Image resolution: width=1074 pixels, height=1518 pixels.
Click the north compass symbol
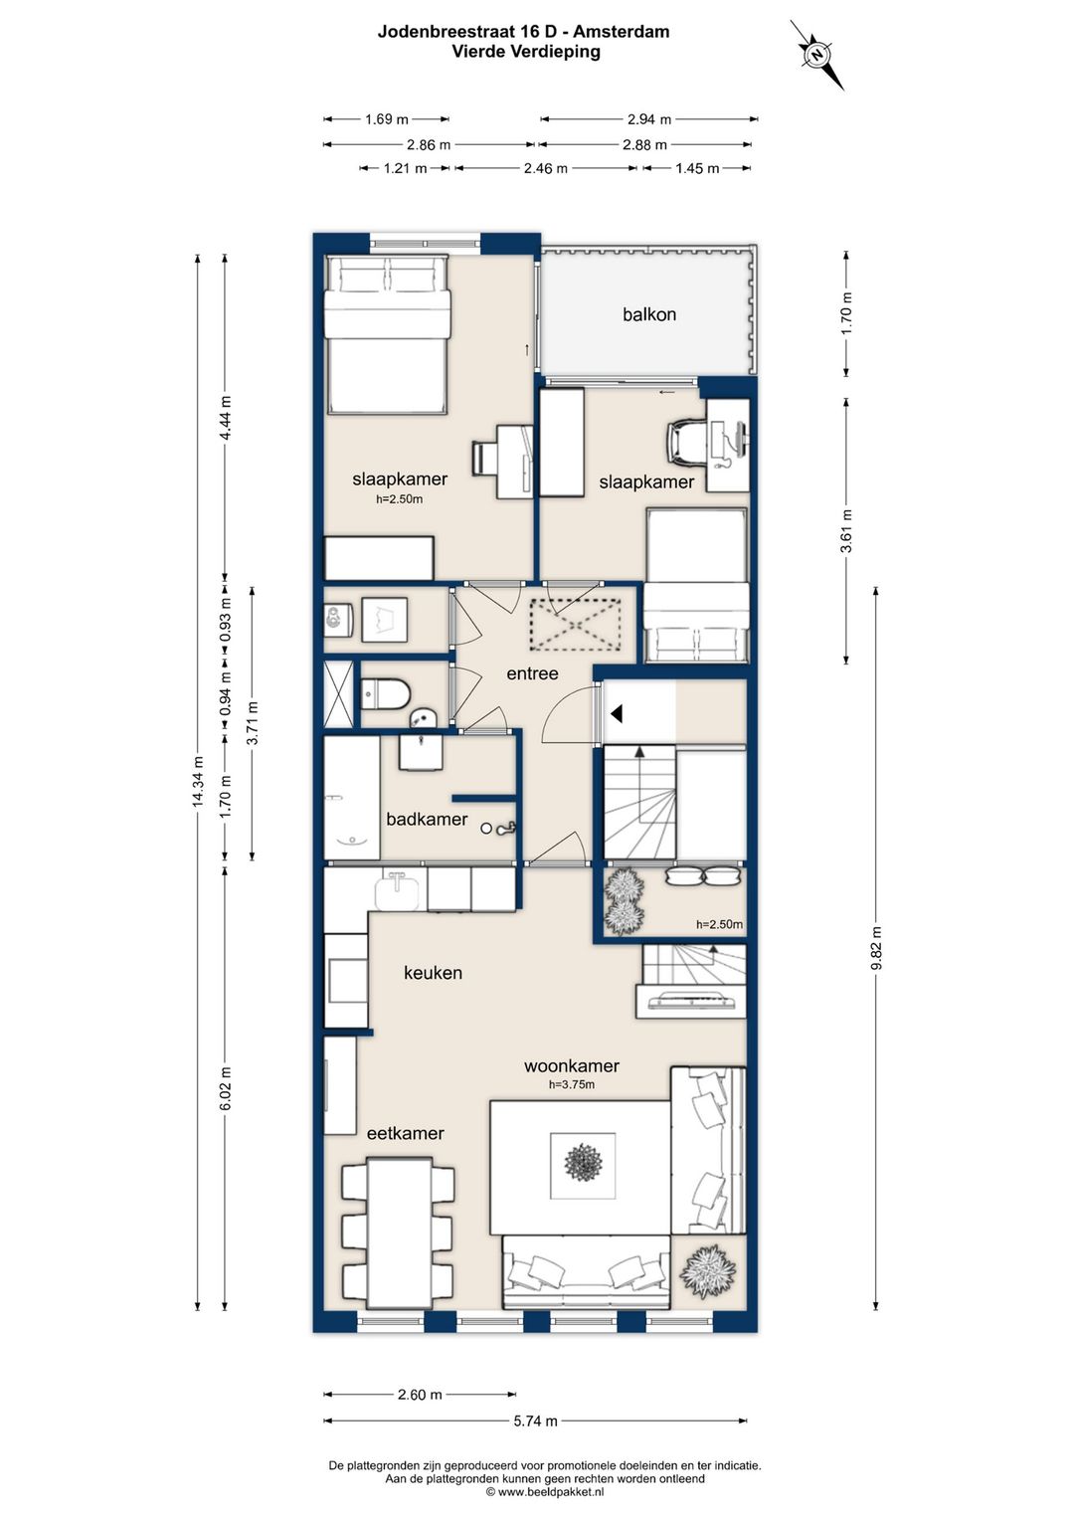click(x=817, y=54)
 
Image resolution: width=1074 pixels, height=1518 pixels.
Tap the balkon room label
click(x=649, y=314)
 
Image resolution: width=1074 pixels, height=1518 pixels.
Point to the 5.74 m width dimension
click(x=535, y=1422)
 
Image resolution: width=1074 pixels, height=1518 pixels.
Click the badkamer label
click(x=427, y=820)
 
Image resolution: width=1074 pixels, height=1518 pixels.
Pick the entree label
click(x=533, y=673)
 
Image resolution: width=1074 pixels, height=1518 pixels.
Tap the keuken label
click(x=433, y=973)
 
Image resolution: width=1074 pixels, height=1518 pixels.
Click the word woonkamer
click(x=572, y=1066)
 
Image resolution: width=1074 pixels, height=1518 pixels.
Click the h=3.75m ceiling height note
click(x=572, y=1084)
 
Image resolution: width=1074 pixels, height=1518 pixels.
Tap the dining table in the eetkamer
click(x=400, y=1233)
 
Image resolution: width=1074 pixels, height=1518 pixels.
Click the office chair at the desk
click(x=686, y=441)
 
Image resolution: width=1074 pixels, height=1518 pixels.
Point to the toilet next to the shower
click(x=386, y=694)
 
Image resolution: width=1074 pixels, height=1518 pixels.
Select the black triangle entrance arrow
click(x=616, y=713)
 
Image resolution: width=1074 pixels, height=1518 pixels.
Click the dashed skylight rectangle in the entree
click(x=575, y=625)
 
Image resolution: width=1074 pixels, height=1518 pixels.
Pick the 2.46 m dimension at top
click(x=546, y=169)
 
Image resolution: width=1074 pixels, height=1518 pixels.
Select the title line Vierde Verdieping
click(x=526, y=52)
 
